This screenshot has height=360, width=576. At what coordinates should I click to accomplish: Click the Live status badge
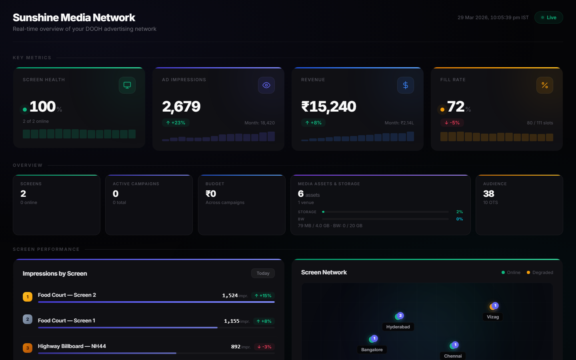[548, 18]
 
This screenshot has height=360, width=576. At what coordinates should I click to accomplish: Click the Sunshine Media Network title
[74, 18]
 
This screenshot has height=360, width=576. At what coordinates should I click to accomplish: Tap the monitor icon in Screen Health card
[127, 85]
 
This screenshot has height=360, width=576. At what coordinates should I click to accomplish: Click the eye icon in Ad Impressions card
[266, 85]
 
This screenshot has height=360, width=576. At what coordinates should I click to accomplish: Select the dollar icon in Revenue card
[406, 85]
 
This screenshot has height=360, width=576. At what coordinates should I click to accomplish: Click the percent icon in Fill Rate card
[545, 85]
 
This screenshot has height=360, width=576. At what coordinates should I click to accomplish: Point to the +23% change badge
[176, 123]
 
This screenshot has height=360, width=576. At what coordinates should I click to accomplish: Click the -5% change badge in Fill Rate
[452, 123]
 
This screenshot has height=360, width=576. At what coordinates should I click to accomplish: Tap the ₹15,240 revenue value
[328, 106]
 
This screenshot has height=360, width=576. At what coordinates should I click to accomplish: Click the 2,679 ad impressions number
[181, 106]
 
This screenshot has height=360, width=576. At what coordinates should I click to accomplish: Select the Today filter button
[263, 273]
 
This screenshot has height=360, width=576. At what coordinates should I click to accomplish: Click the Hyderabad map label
[398, 327]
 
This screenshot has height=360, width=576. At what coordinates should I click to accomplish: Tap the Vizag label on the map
[493, 317]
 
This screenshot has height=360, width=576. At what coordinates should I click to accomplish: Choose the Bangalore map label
[372, 350]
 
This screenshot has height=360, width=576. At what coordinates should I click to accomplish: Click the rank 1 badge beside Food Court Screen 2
[28, 297]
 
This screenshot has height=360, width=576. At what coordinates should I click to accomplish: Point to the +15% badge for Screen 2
[263, 296]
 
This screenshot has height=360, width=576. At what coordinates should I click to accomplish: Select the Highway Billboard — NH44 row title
[72, 346]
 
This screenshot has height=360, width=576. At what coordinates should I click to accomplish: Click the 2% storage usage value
[460, 212]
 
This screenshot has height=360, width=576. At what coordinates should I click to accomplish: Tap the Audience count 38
[489, 194]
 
